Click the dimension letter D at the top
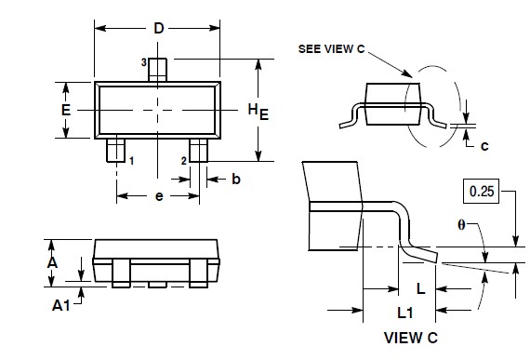(x=158, y=29)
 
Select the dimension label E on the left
(x=66, y=110)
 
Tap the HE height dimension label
(x=258, y=112)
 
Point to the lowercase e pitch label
(x=159, y=197)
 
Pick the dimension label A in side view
(x=52, y=263)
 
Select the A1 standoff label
(x=60, y=304)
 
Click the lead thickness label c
(x=484, y=144)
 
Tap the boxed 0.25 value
(x=481, y=193)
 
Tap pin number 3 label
(x=144, y=61)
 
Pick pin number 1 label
(x=131, y=161)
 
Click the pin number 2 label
(x=183, y=161)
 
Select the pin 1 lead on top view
(x=116, y=150)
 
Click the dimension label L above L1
(x=420, y=289)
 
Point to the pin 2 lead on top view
(x=198, y=150)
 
